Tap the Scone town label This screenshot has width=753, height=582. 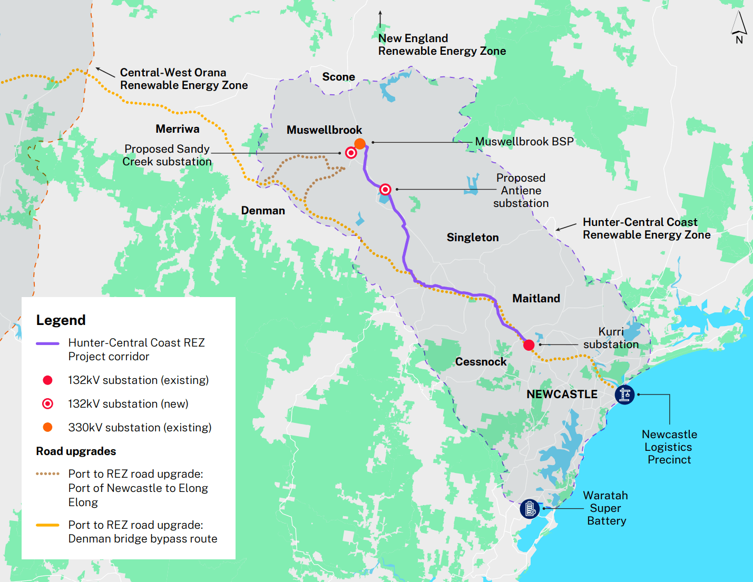(338, 77)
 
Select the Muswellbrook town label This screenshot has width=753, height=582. (324, 130)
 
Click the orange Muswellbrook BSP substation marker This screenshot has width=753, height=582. (360, 144)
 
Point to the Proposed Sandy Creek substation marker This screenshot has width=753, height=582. (351, 153)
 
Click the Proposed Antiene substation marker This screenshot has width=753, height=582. (385, 189)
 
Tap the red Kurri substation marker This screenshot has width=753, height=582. (529, 345)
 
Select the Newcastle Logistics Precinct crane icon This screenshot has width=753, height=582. (624, 394)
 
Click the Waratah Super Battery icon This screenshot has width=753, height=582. (530, 509)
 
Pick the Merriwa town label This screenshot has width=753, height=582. (178, 129)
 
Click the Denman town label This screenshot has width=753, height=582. (263, 211)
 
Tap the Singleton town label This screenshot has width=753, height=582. (473, 238)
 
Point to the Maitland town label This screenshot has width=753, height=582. (536, 299)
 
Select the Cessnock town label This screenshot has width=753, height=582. (481, 362)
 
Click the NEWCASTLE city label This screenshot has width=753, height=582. (562, 394)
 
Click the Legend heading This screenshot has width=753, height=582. (61, 320)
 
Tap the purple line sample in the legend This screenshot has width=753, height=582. (47, 343)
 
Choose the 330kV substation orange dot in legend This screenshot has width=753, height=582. (47, 427)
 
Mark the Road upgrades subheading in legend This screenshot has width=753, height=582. (76, 451)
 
